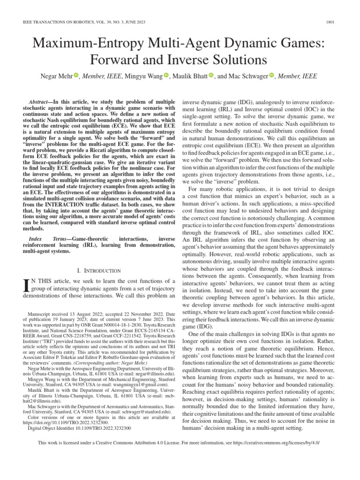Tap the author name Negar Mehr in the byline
57,76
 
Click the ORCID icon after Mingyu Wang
166,75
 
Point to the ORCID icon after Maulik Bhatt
210,75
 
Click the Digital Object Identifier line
79,428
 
